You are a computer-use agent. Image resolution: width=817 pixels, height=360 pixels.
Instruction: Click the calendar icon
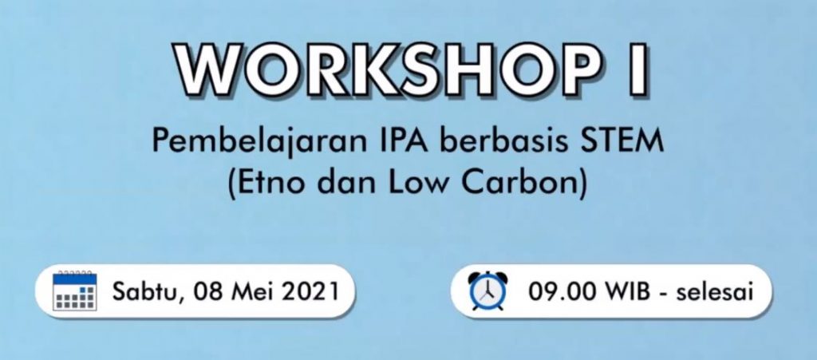pyautogui.click(x=74, y=291)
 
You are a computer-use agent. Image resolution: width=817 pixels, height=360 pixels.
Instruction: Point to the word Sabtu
pyautogui.click(x=148, y=291)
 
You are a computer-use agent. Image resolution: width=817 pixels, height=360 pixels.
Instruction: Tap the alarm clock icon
pyautogui.click(x=487, y=291)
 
